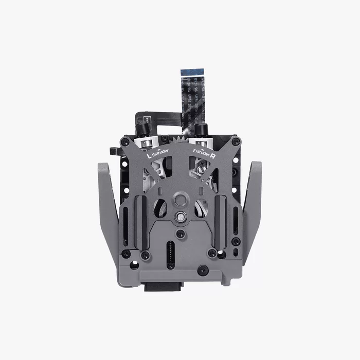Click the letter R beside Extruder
[212, 153]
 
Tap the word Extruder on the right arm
[201, 151]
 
